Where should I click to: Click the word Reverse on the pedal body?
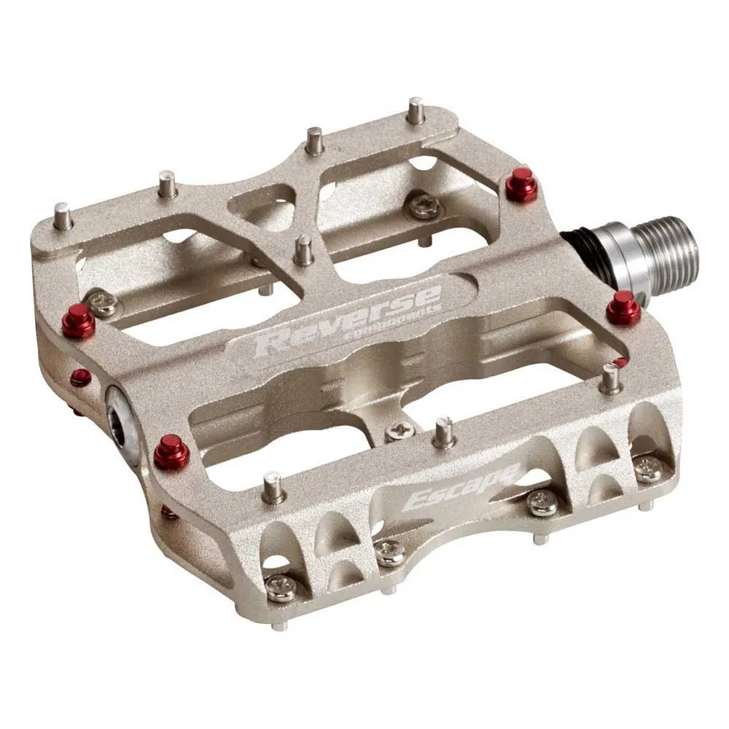tap(348, 319)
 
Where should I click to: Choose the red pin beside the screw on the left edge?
tap(78, 321)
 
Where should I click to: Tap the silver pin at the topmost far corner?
tap(416, 110)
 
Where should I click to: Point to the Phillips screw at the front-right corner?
tap(647, 469)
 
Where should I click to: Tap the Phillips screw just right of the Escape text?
tap(542, 502)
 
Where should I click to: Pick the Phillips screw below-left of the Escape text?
tap(390, 553)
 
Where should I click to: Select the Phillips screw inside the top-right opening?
tap(424, 206)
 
